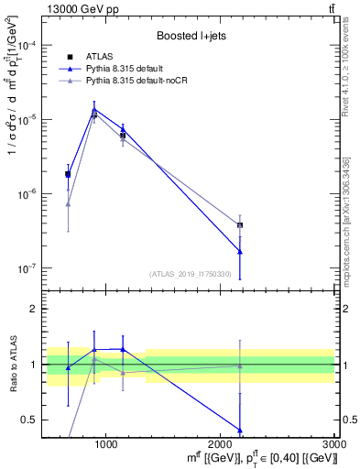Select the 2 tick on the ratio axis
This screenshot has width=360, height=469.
(x=35, y=309)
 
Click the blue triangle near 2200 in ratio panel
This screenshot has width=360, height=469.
(x=240, y=431)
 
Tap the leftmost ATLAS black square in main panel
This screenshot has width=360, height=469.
(x=68, y=174)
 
